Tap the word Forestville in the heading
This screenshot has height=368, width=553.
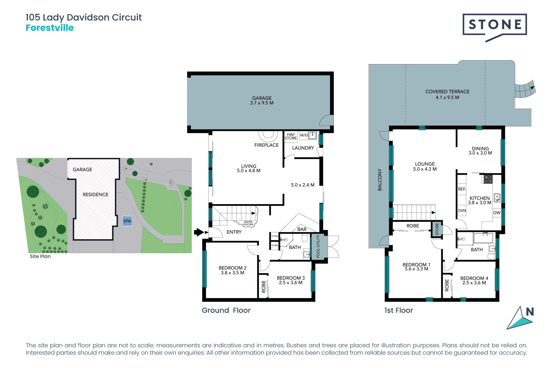coord(50,28)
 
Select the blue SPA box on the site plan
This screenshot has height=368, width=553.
coord(127,221)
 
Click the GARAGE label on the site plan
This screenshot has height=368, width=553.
coord(82,170)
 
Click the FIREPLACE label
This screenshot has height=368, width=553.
coord(266,145)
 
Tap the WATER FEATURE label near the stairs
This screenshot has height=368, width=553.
coord(248,223)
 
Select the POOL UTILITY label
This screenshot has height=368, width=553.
coord(318,246)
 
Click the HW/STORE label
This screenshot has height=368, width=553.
coord(291,136)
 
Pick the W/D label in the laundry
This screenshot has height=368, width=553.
coord(304,135)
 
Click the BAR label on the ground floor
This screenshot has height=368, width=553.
coord(302,229)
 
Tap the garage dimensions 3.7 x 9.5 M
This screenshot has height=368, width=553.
coord(262,103)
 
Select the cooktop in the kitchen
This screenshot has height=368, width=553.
coord(488,179)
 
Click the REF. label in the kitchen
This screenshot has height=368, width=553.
coord(462,189)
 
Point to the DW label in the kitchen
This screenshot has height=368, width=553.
coord(497,213)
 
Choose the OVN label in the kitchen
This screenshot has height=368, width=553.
coord(462,210)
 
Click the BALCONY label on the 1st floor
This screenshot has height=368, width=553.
coord(380,180)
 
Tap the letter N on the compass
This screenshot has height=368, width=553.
coord(530,312)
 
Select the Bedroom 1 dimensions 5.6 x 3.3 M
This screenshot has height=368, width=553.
coord(416,269)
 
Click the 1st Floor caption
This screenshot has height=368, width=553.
coord(399,310)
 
